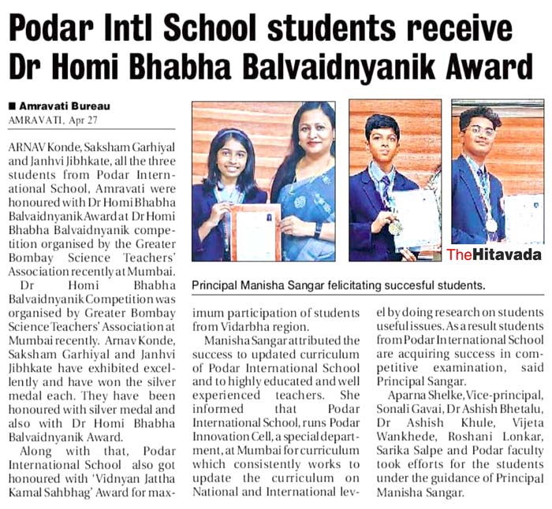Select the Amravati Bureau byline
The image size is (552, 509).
[63, 106]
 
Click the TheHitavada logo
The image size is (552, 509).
[494, 254]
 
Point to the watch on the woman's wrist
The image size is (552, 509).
[317, 229]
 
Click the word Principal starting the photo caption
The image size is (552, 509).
[219, 284]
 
